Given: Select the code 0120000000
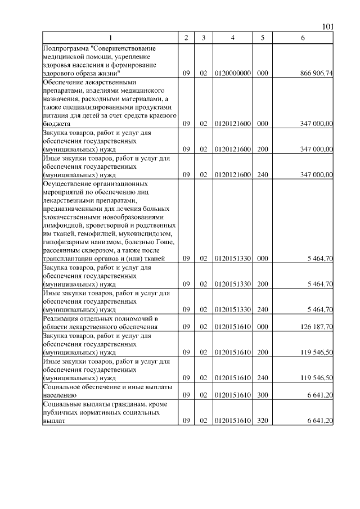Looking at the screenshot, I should [x=232, y=73].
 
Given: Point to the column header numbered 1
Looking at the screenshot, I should [x=110, y=38].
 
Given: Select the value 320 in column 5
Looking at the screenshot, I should [x=262, y=420].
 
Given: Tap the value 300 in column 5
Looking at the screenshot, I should [x=262, y=395].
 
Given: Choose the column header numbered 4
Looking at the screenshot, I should [x=232, y=38].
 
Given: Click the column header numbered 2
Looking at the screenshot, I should [x=186, y=38].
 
